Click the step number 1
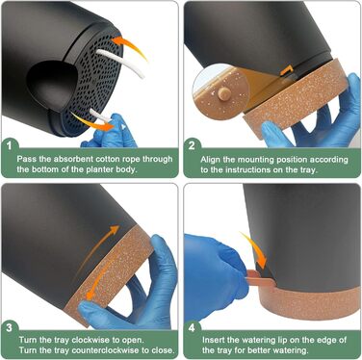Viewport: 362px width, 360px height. click(10, 146)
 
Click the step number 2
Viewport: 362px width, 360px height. click(192, 146)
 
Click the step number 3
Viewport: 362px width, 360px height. click(10, 327)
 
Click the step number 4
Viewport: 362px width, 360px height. click(192, 328)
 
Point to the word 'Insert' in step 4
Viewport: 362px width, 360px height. click(213, 340)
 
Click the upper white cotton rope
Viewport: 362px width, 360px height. click(121, 62)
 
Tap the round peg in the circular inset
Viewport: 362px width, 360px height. click(224, 92)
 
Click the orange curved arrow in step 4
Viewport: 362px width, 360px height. click(255, 250)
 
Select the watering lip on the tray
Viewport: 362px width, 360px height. click(261, 277)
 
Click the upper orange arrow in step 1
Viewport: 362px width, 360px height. click(130, 46)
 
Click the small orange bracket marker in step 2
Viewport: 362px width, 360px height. click(287, 70)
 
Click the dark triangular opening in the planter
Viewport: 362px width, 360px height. click(53, 84)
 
